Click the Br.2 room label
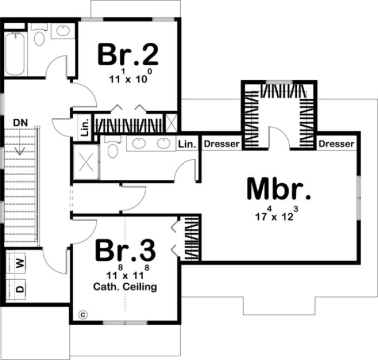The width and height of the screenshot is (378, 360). [x=128, y=54]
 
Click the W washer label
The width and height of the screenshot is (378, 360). [x=20, y=263]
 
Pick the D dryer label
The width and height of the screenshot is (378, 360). [x=20, y=288]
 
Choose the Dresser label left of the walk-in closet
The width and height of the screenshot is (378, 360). [x=221, y=144]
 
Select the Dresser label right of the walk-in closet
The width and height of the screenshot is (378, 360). [x=336, y=144]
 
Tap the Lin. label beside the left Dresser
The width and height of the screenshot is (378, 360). [x=187, y=144]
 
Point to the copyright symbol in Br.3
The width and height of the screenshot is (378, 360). [x=83, y=314]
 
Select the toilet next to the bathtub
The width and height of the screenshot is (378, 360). [x=40, y=37]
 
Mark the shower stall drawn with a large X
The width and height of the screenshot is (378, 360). [x=86, y=162]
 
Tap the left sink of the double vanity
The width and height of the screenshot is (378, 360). [x=138, y=143]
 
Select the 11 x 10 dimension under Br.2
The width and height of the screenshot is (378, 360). [x=128, y=78]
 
